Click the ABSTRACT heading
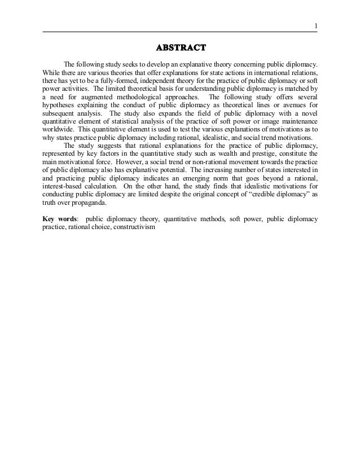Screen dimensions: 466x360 [180, 46]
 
